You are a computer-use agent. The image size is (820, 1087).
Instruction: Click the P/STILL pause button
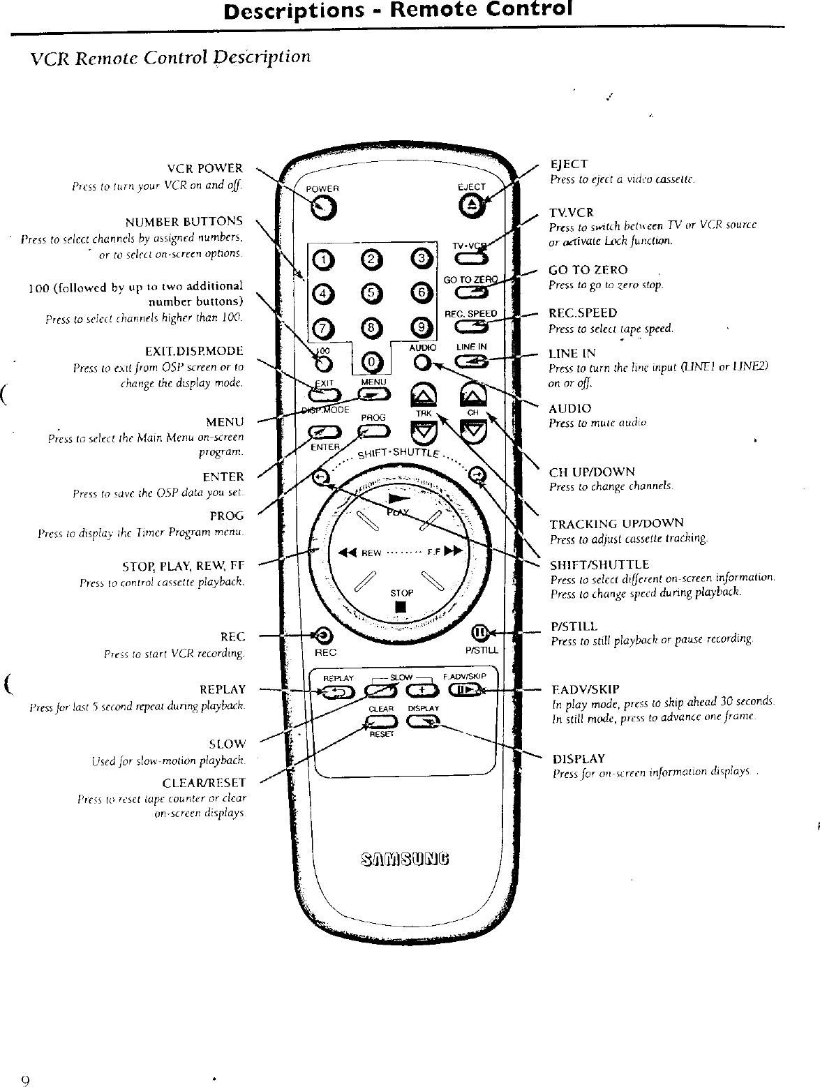pyautogui.click(x=480, y=633)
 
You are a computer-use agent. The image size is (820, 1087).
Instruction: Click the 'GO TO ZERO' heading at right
pyautogui.click(x=588, y=270)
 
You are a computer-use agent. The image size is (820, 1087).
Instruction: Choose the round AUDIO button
pyautogui.click(x=421, y=363)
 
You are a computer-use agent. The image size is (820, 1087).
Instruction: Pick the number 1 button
pyautogui.click(x=323, y=260)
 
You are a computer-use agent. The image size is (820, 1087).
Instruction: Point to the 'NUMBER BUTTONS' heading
pyautogui.click(x=184, y=222)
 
